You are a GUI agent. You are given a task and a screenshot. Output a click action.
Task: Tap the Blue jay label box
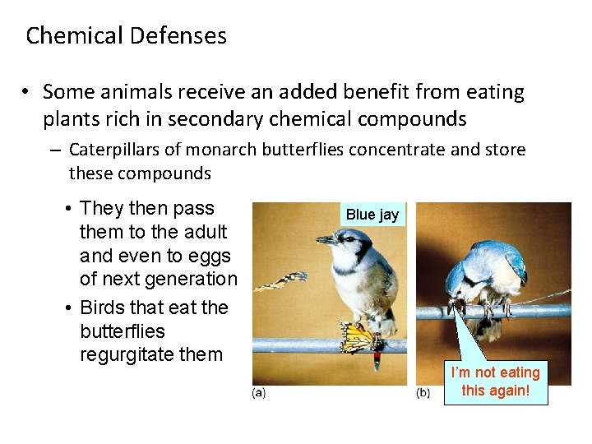point(372,215)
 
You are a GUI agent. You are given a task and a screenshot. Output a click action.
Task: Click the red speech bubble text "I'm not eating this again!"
point(495,382)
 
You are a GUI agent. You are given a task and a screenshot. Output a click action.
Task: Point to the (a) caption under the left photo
point(258,394)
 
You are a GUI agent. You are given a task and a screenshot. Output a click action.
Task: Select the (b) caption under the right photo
point(423,394)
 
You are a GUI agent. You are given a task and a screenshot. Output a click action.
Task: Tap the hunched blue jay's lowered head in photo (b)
point(457,292)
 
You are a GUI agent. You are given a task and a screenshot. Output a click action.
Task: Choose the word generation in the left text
point(189,280)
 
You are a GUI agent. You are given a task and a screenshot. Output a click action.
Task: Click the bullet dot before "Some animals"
point(27,92)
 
